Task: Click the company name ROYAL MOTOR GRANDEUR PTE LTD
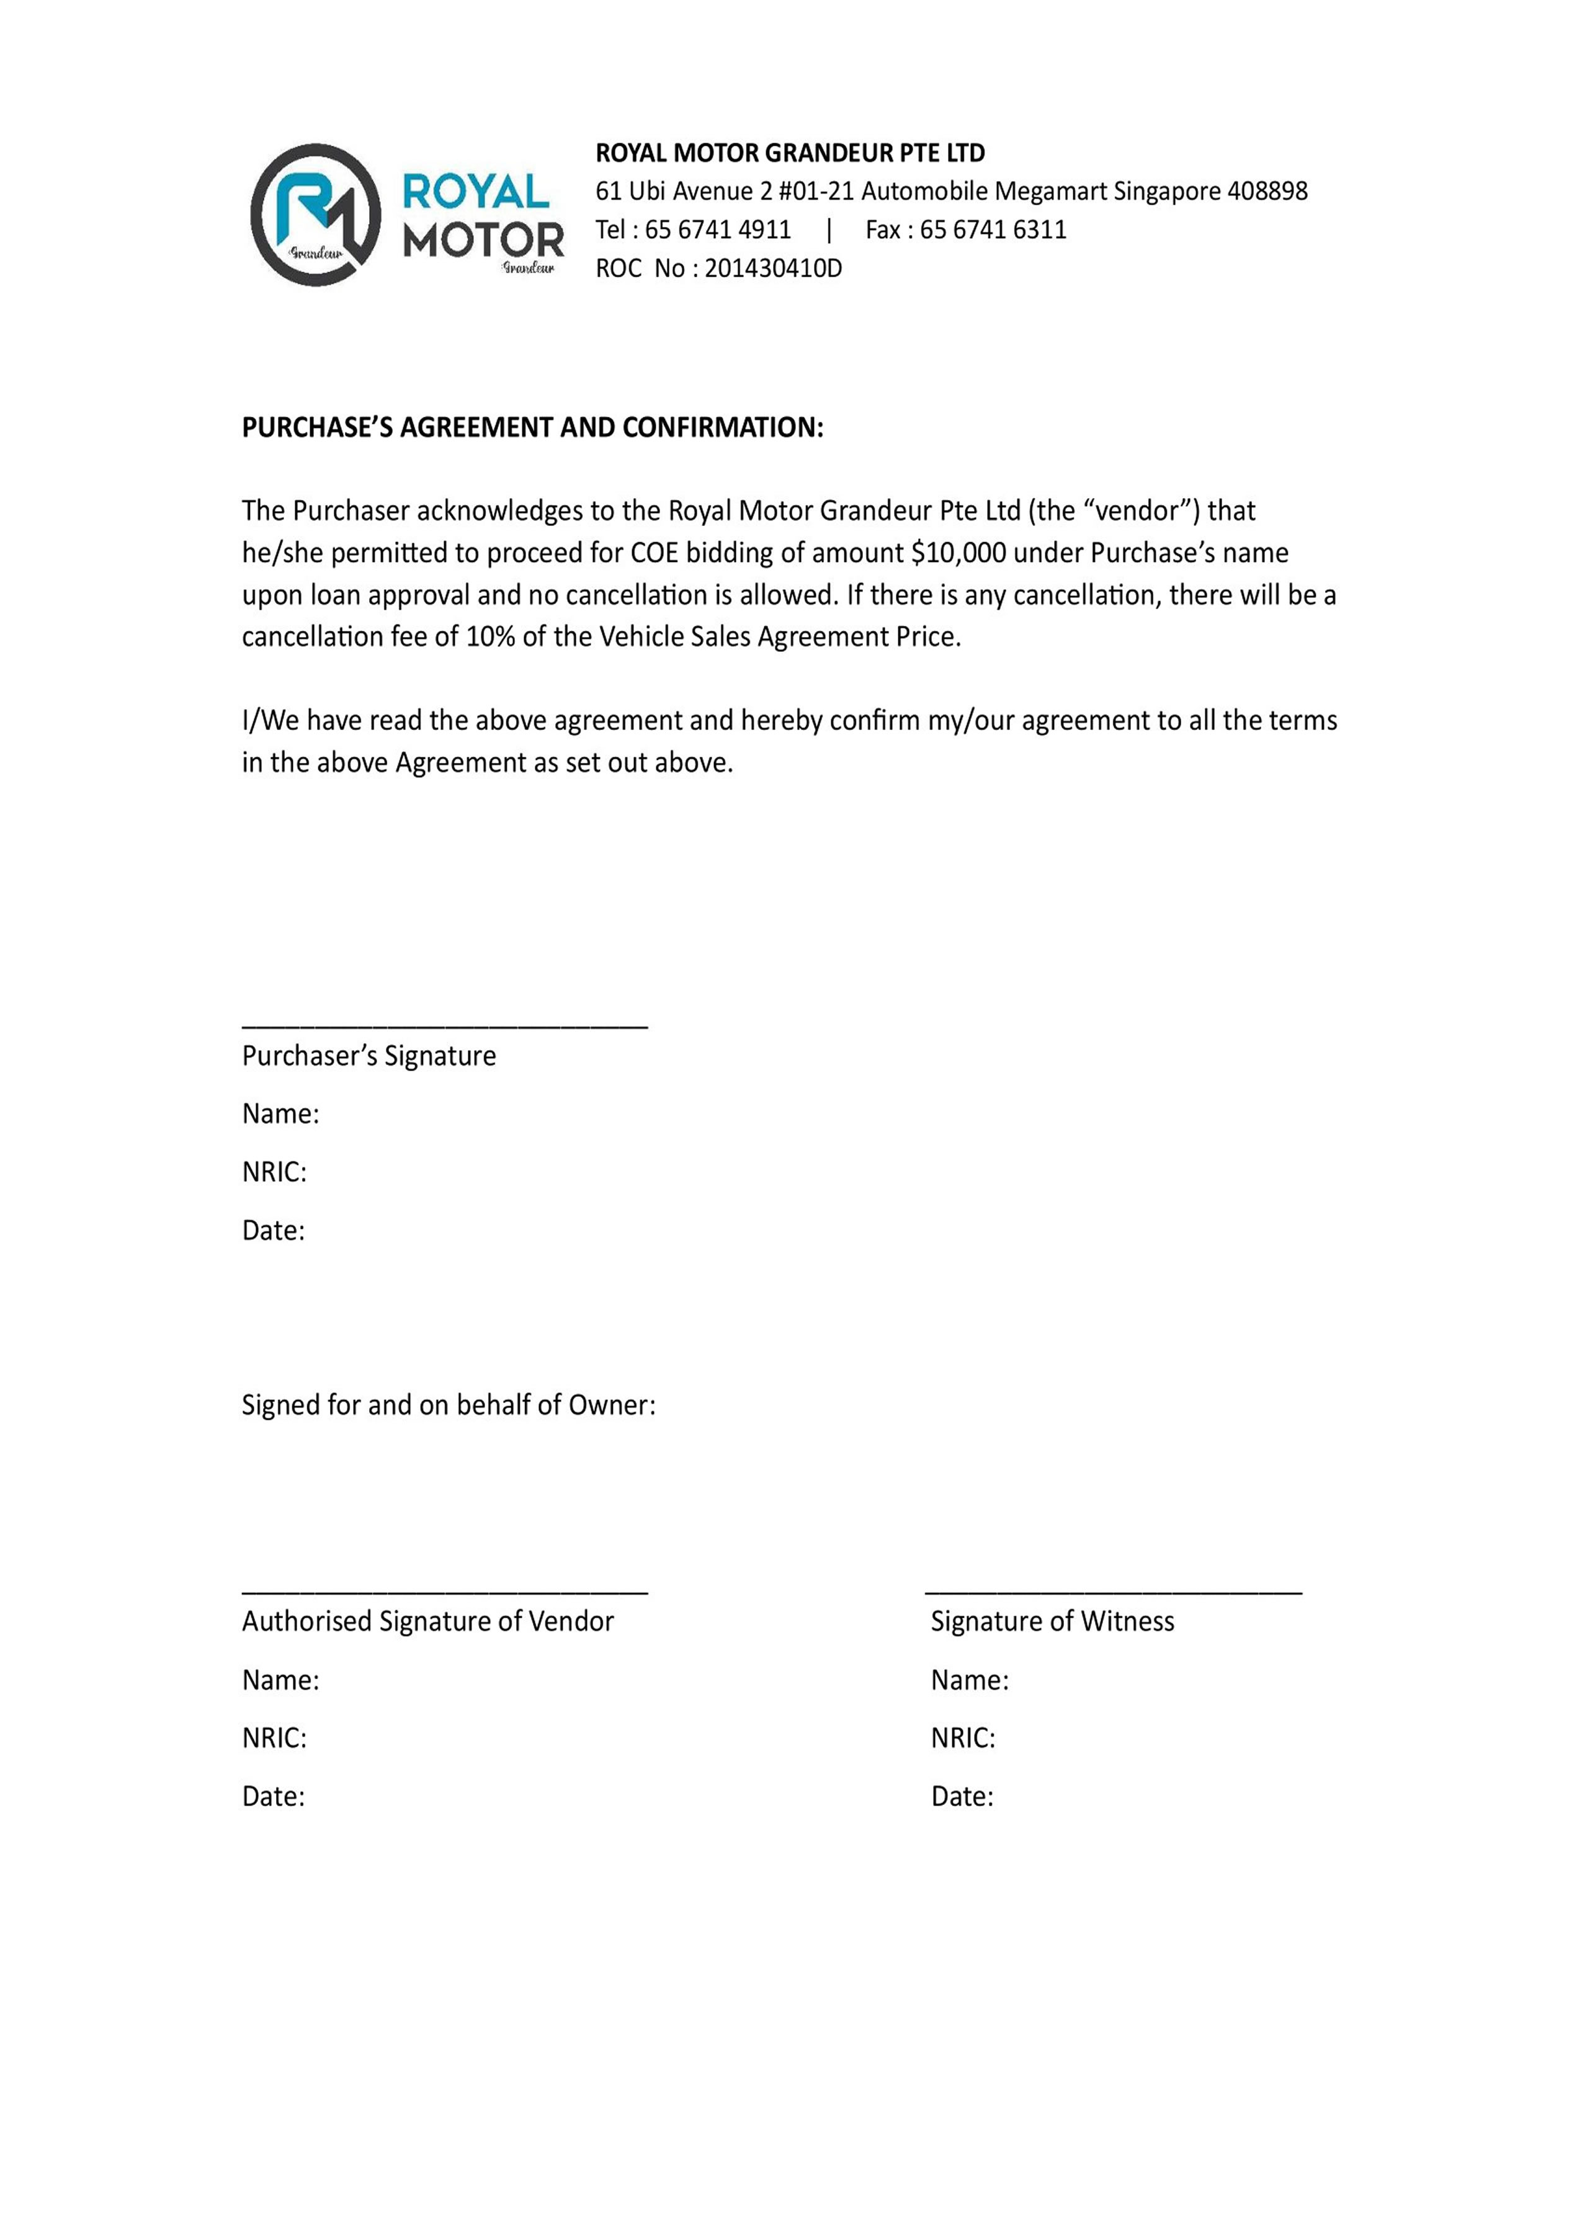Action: [x=790, y=153]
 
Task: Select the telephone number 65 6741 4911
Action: [x=717, y=230]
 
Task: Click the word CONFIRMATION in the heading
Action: [x=722, y=427]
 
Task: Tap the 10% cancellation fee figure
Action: [x=490, y=637]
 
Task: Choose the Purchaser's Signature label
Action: [x=369, y=1056]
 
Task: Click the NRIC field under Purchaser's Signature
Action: [x=275, y=1172]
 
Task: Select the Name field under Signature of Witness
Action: [x=969, y=1680]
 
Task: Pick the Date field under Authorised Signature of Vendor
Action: [x=274, y=1797]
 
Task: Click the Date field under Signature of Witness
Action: [x=962, y=1797]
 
